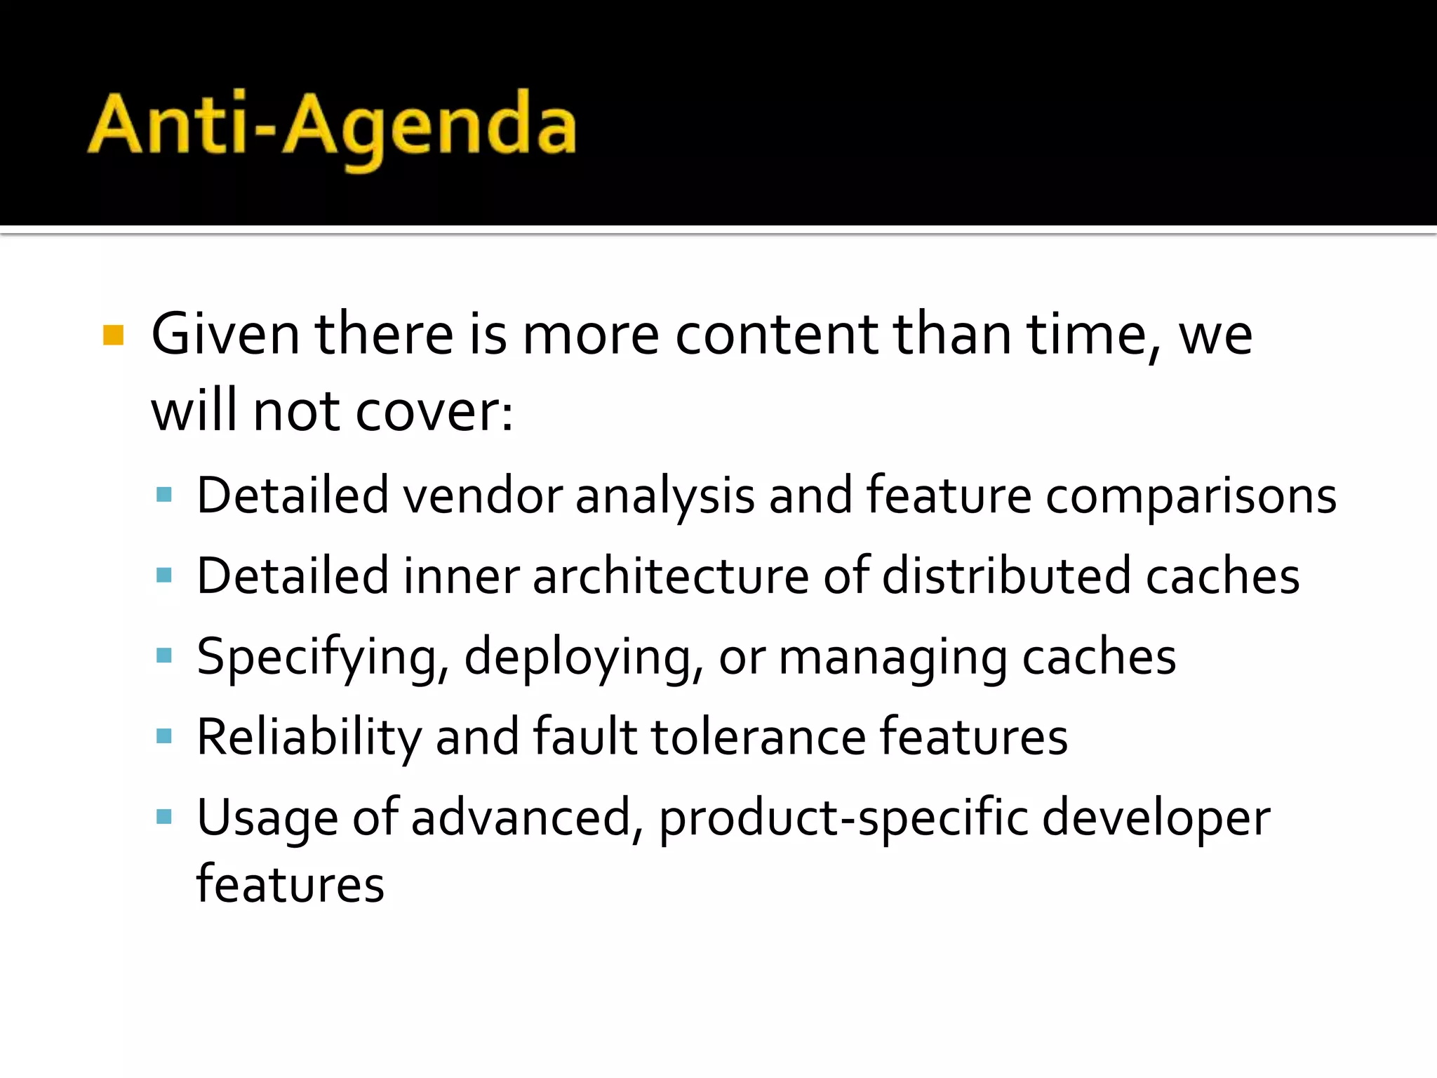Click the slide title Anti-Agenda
(x=332, y=126)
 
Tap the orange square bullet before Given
(x=113, y=335)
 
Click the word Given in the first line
(x=225, y=335)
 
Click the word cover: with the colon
(x=434, y=412)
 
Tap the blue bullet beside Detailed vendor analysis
(x=164, y=495)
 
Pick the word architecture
(x=671, y=576)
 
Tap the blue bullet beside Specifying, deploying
(x=164, y=656)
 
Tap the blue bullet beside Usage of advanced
(x=164, y=816)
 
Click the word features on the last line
(x=290, y=884)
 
